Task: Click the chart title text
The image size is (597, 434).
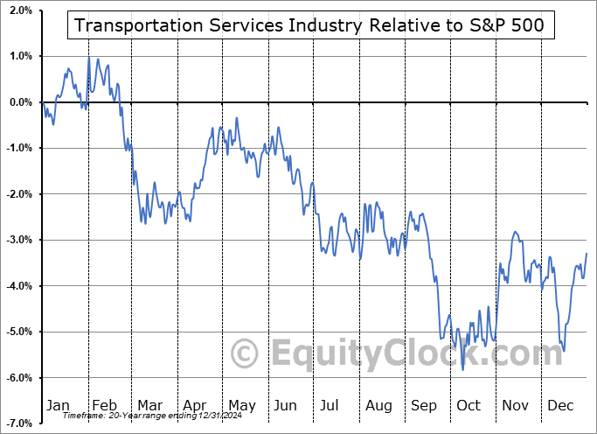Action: [x=309, y=24]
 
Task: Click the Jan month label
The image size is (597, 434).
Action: [x=57, y=405]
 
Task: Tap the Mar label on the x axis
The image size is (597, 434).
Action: [x=151, y=405]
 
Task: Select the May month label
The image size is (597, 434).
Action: [x=242, y=405]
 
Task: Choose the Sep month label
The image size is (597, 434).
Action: [x=424, y=405]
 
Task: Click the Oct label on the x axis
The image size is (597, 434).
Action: [x=469, y=405]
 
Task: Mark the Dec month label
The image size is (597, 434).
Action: [x=559, y=405]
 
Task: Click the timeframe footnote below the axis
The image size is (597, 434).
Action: [x=142, y=415]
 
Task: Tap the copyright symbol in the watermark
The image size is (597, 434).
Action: [x=244, y=353]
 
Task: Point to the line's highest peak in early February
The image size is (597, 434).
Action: [x=89, y=57]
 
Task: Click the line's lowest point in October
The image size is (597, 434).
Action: [x=463, y=370]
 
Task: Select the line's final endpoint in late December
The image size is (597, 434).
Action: [x=587, y=253]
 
